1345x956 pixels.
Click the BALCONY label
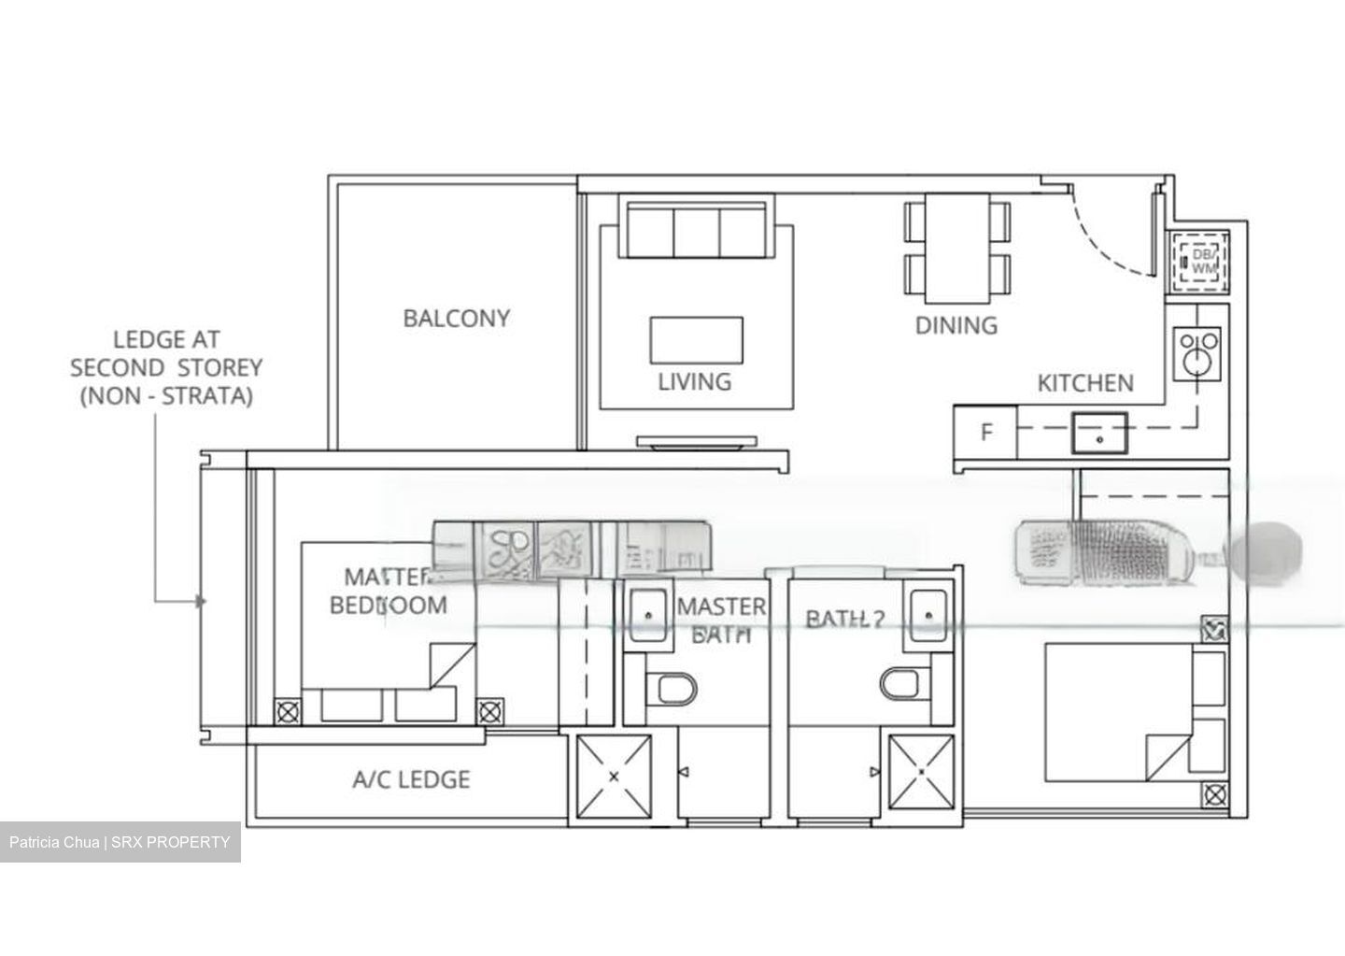pos(457,319)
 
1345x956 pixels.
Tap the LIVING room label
pos(694,381)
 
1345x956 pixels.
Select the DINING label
pos(956,325)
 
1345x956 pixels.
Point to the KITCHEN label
pos(1085,383)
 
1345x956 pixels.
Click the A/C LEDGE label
pos(411,779)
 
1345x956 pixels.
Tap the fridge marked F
pos(985,433)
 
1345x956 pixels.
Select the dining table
pos(956,249)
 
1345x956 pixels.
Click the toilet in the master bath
pos(676,690)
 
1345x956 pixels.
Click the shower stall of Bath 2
pos(921,774)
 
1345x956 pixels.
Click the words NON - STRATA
pos(166,396)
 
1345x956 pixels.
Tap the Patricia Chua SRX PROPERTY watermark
pos(120,842)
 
